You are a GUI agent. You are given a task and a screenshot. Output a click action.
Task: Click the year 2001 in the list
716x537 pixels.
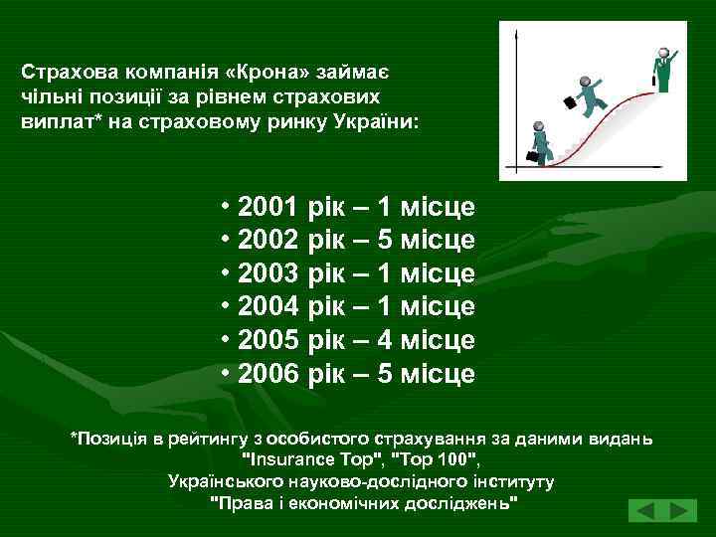268,208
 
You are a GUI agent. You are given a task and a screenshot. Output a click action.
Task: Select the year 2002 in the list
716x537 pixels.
268,241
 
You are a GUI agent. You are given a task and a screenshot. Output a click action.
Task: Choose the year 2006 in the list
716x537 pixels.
268,374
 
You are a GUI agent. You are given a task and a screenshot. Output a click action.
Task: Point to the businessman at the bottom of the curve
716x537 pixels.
539,142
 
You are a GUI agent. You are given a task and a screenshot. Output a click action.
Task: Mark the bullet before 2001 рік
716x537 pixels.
227,208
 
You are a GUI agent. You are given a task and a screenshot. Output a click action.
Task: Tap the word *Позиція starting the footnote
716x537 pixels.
109,439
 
